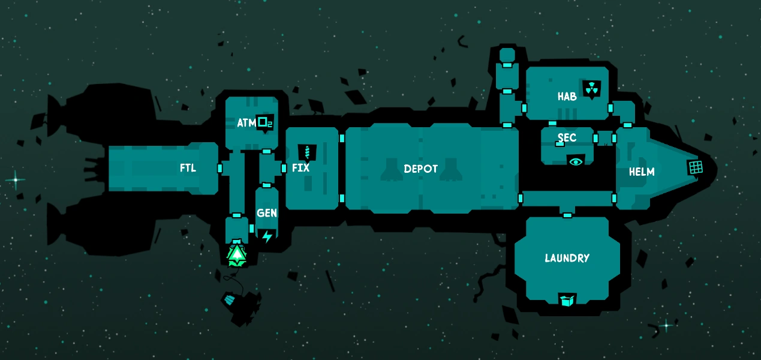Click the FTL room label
188,168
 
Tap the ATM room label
246,123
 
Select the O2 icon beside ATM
264,123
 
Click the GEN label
266,213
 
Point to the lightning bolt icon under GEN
267,236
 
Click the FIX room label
300,168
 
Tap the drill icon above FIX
307,151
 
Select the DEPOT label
420,169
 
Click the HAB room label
567,96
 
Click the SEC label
567,138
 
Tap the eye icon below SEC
576,161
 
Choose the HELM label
642,172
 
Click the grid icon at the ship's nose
695,167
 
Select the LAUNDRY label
567,258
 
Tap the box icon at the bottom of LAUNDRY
567,299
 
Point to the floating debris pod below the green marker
230,298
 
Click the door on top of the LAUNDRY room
567,214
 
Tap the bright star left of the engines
16,179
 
